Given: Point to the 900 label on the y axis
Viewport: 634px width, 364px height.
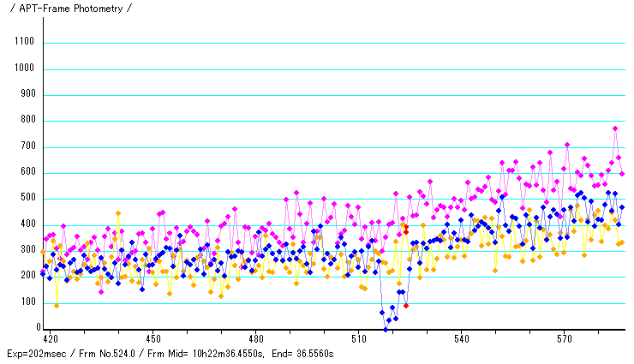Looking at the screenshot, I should (26, 93).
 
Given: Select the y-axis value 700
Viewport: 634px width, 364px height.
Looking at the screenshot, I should (26, 146).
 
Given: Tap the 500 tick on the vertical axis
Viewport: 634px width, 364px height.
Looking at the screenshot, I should (26, 198).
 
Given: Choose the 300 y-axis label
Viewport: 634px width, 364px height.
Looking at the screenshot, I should (26, 250).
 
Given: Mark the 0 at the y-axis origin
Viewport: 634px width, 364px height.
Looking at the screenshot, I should (38, 328).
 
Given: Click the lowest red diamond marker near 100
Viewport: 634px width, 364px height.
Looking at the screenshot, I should (406, 305).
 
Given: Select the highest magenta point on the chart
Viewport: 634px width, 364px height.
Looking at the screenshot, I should (615, 128).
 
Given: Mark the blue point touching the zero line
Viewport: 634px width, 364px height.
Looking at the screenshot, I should (386, 328).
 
